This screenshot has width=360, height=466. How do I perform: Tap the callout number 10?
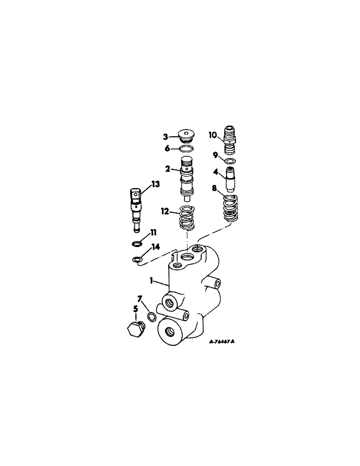(212, 135)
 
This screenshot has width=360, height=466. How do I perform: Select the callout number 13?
(155, 185)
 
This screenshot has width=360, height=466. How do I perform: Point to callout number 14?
(155, 247)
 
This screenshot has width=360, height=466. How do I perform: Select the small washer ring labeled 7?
(152, 317)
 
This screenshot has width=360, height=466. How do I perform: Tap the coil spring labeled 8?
(230, 207)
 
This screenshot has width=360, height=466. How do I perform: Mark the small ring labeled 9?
(230, 161)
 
